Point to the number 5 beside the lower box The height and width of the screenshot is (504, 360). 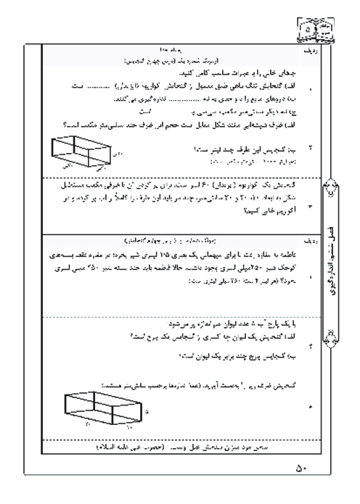pyautogui.click(x=147, y=410)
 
